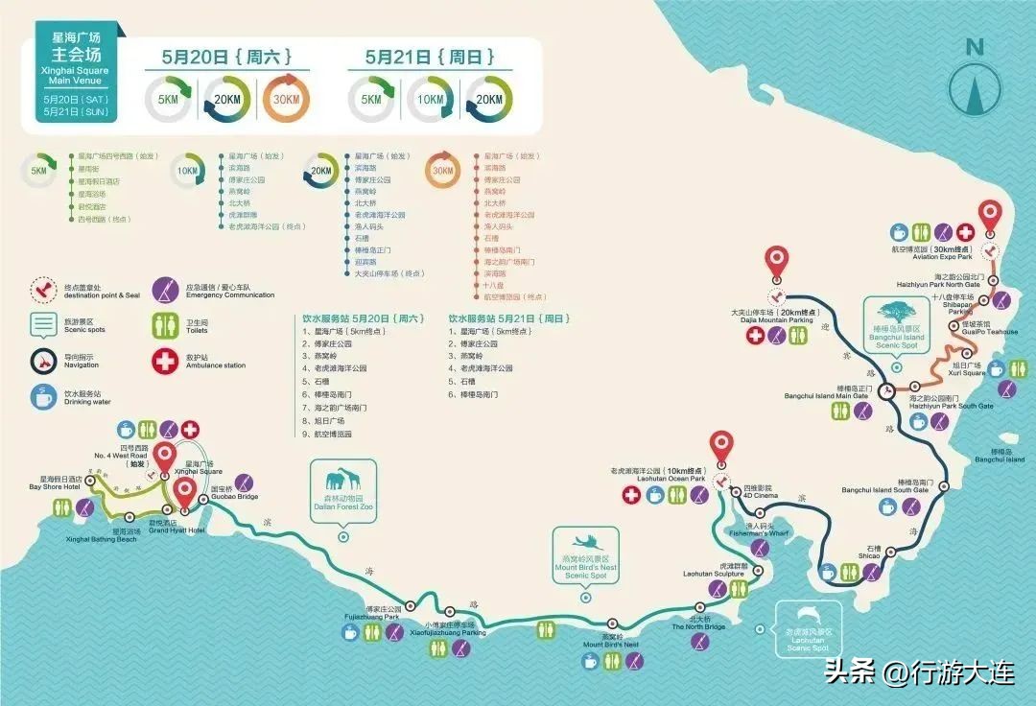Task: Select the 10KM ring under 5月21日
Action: [x=429, y=100]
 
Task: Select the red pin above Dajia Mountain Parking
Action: [x=776, y=262]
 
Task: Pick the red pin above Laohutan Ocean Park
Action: [x=721, y=447]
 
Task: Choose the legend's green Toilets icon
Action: [x=166, y=325]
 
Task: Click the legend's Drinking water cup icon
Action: [x=44, y=396]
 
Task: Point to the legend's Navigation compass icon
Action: [x=44, y=361]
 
